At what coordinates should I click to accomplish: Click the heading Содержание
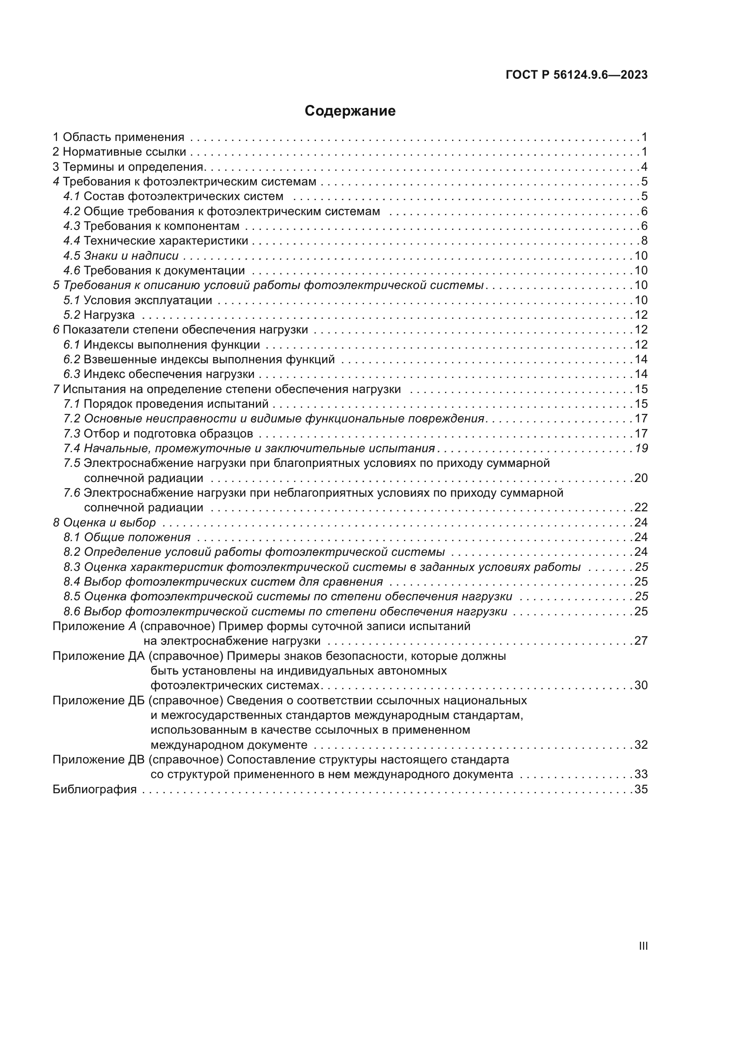[x=350, y=111]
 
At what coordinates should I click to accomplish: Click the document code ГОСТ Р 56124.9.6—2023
[x=576, y=75]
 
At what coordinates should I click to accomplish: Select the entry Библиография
[x=95, y=790]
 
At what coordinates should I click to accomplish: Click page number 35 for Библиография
[x=641, y=790]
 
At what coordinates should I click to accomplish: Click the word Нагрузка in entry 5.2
[x=109, y=315]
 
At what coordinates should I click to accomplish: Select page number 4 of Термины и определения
[x=644, y=167]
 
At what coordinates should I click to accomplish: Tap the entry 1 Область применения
[x=119, y=137]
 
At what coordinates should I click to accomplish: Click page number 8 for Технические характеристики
[x=644, y=241]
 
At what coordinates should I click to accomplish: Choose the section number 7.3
[x=72, y=434]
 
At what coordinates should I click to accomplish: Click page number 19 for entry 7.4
[x=641, y=449]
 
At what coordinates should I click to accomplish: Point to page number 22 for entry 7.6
[x=641, y=507]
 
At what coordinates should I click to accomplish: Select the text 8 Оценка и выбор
[x=104, y=523]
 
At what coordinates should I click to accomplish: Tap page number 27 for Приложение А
[x=641, y=641]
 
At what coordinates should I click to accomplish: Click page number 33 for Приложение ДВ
[x=641, y=774]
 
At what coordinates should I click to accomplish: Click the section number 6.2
[x=72, y=360]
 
